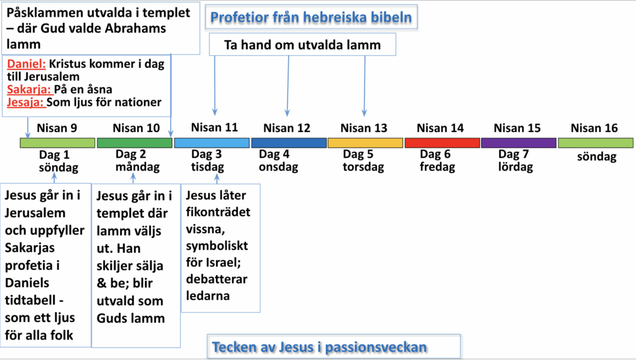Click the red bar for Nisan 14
point(442,143)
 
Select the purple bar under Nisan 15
point(519,143)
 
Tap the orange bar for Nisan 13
point(365,143)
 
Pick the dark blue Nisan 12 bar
point(289,143)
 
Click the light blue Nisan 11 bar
point(212,143)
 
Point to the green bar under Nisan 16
point(596,143)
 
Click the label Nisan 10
point(136,128)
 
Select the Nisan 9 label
point(57,128)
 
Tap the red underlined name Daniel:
point(26,64)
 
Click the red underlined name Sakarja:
point(29,89)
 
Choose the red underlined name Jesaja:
point(25,102)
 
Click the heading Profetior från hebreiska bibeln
point(311,17)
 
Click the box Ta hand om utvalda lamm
point(302,45)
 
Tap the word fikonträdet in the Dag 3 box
point(218,212)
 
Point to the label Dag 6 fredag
point(437,161)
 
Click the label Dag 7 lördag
point(516,161)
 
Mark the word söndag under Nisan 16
point(597,157)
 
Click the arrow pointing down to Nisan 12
point(288,86)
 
